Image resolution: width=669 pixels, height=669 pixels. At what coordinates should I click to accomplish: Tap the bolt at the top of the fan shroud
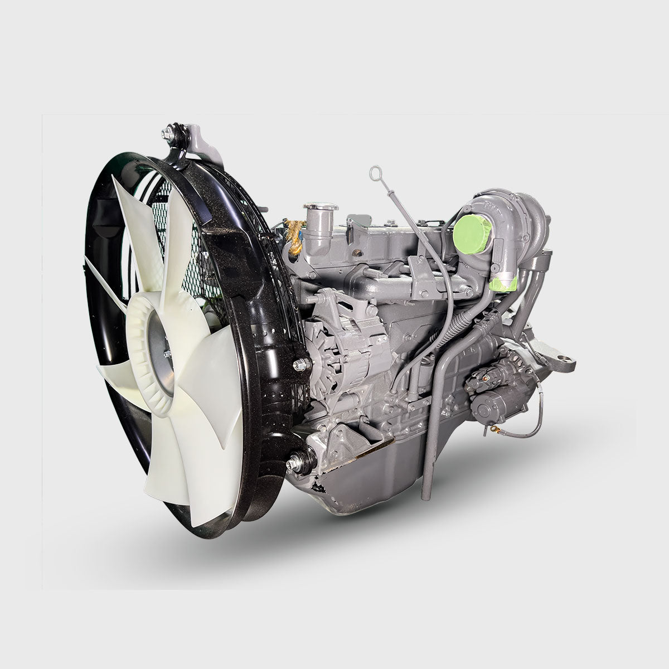point(168,134)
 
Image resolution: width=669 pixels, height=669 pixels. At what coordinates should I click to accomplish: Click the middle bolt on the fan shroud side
point(300,365)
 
